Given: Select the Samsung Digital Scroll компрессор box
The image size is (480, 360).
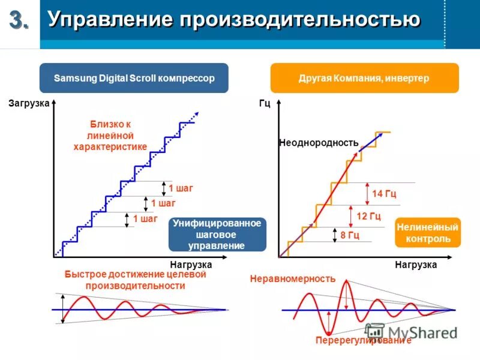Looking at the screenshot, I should click(x=134, y=78).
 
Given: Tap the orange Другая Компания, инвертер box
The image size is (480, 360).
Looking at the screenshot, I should click(x=364, y=78).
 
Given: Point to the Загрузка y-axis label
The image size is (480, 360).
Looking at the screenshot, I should click(x=28, y=103).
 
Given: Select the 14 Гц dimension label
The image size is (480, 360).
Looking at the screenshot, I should click(x=384, y=194).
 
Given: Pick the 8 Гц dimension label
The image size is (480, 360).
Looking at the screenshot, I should click(x=350, y=235).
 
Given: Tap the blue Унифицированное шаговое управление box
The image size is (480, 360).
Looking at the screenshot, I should click(x=217, y=234).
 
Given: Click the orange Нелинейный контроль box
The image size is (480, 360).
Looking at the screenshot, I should click(x=428, y=233).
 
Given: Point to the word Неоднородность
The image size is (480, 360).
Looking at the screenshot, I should click(x=319, y=143).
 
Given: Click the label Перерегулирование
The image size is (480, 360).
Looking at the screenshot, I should click(x=364, y=340).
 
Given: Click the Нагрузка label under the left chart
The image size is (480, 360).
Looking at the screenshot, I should click(x=191, y=264).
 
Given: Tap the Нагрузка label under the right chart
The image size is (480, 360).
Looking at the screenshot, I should click(x=416, y=264).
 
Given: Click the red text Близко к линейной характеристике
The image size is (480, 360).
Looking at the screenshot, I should click(x=110, y=135).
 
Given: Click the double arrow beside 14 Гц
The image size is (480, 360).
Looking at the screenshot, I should click(x=367, y=193).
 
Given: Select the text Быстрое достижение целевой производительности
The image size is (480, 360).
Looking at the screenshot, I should click(x=135, y=280).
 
